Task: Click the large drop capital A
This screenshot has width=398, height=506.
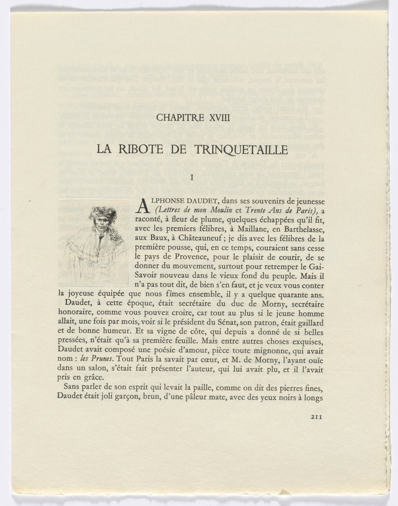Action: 143,205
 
